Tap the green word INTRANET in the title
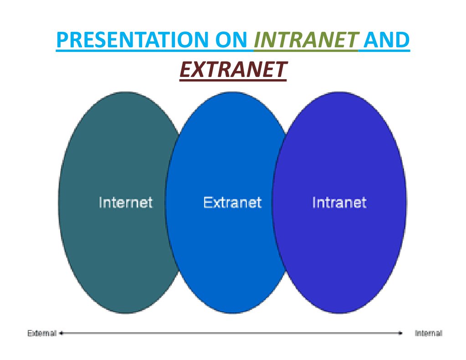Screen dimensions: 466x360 click(306, 40)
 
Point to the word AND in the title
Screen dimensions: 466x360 click(386, 40)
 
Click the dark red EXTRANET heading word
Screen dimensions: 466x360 click(233, 69)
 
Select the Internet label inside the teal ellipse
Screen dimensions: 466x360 click(125, 203)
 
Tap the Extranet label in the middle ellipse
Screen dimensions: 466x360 click(232, 203)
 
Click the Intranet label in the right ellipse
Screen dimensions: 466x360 click(339, 203)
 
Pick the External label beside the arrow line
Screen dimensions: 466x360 click(42, 333)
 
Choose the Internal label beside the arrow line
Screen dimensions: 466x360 click(429, 333)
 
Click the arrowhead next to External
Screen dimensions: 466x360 click(61, 333)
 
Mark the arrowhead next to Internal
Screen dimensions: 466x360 click(400, 333)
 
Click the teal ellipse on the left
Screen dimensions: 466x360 click(113, 202)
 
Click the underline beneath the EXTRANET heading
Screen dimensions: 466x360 click(233, 80)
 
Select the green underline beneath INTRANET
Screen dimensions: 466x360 click(306, 51)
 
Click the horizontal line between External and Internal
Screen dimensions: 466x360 click(231, 333)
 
